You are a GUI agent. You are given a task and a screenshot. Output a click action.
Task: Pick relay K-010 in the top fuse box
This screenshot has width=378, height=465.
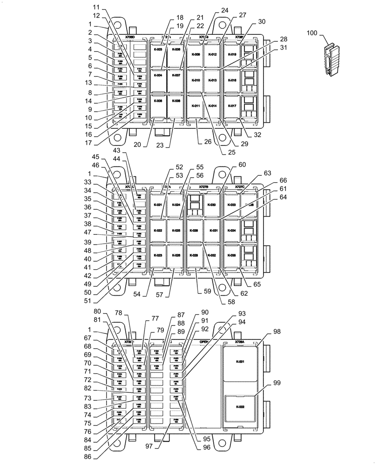point(196,80)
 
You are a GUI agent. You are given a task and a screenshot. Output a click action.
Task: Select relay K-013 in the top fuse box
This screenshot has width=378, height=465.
point(212,80)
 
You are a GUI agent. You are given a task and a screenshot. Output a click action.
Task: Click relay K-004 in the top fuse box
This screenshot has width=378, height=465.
point(158,75)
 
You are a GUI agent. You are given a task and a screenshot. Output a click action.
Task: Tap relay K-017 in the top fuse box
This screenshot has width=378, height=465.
point(232,106)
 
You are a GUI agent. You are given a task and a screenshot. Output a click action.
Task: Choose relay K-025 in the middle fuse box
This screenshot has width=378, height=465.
point(175,231)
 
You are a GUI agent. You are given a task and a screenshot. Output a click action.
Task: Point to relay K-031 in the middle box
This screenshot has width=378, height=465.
point(212,231)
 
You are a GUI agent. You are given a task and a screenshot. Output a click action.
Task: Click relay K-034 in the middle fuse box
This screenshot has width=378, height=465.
point(232,231)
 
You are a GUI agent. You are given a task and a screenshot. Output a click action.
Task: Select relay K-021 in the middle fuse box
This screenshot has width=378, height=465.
point(158,205)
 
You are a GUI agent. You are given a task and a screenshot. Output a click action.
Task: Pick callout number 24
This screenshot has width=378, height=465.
point(225,10)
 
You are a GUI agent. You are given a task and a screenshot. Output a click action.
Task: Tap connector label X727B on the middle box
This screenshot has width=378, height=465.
point(203,187)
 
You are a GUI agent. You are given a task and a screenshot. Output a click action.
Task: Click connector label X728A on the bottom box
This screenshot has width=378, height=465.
point(239,341)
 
